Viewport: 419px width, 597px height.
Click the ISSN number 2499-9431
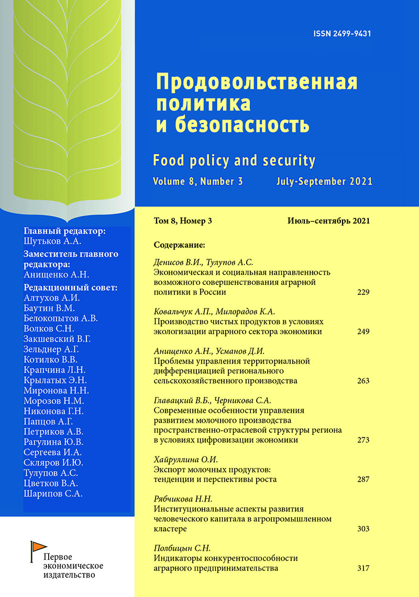click(x=342, y=34)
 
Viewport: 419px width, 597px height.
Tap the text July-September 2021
click(x=324, y=182)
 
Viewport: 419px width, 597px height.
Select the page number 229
click(x=363, y=292)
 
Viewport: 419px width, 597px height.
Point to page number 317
click(x=363, y=568)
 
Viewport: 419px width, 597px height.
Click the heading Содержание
click(x=180, y=244)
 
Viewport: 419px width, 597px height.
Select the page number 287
click(x=363, y=479)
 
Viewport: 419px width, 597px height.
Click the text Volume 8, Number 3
click(x=199, y=182)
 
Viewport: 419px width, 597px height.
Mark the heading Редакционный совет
click(x=71, y=287)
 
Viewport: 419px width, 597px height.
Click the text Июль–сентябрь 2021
click(x=328, y=221)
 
